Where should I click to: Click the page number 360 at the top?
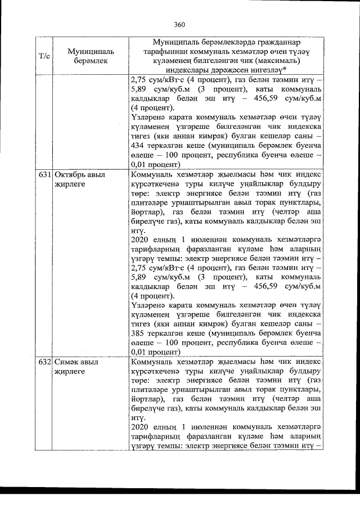pos(179,24)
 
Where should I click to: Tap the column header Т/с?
pos(43,56)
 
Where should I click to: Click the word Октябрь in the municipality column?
pos(70,175)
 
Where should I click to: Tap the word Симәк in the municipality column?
pos(67,363)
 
